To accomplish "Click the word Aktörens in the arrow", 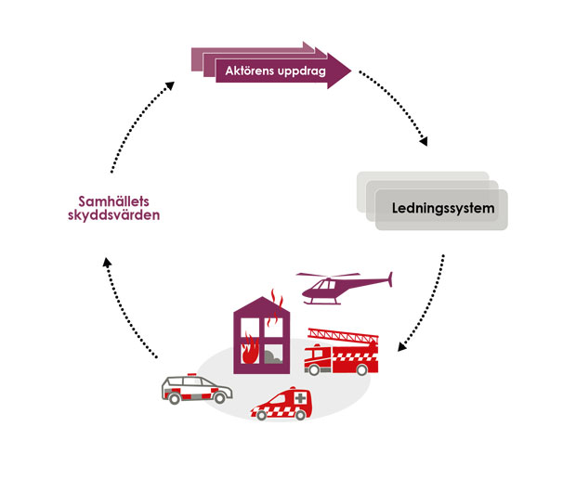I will [x=248, y=72].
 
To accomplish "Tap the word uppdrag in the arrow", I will [x=299, y=72].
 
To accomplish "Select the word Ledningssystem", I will [x=439, y=207].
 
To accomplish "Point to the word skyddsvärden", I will [x=114, y=215].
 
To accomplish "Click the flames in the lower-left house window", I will [x=250, y=353].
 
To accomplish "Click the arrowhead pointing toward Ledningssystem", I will [x=425, y=141].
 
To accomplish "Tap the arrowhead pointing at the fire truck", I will [x=402, y=348].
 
